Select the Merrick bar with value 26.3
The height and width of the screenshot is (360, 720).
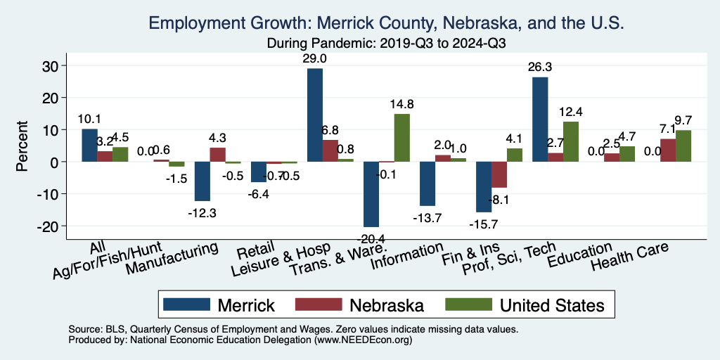[x=540, y=120]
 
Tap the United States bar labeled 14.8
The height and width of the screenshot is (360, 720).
[x=401, y=138]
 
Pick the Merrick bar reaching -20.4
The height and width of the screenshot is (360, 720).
[x=371, y=194]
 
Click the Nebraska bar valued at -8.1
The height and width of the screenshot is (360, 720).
[x=499, y=174]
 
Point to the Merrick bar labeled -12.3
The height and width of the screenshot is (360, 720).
[x=202, y=181]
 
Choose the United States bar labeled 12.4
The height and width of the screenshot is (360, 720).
[x=570, y=141]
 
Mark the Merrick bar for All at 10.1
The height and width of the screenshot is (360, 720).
[x=89, y=146]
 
